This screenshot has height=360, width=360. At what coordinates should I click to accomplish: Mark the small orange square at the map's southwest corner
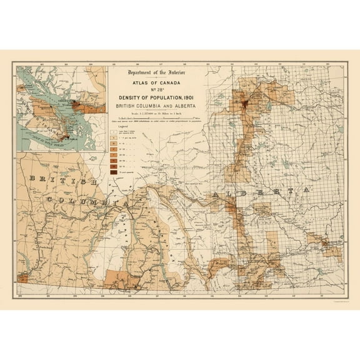pos(24,277)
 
